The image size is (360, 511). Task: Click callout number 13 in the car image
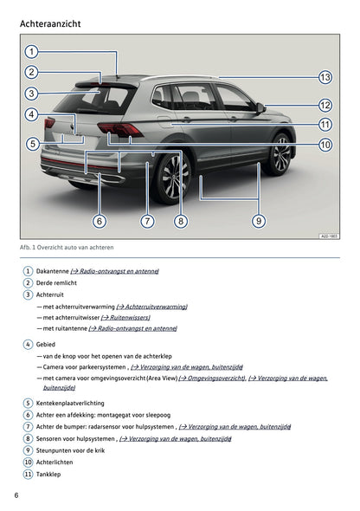point(325,78)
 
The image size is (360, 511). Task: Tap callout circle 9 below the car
point(259,221)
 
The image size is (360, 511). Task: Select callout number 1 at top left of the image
point(31,51)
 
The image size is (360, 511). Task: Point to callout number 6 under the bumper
point(100,221)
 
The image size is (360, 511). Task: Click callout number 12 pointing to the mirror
point(325,106)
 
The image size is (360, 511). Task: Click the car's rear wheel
point(171,178)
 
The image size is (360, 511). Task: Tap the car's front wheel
point(280,154)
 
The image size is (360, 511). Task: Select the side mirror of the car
point(260,108)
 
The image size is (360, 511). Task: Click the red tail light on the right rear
point(119,130)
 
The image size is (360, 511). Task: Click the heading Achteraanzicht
point(50,23)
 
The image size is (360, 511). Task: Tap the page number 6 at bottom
point(16,495)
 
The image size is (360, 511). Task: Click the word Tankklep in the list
point(48,474)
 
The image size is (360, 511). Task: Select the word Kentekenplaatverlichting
point(70,403)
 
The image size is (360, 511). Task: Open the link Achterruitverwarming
point(151,307)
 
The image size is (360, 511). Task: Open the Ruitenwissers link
point(125,317)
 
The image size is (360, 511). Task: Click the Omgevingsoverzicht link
point(212,378)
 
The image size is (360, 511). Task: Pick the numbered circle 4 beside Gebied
point(28,345)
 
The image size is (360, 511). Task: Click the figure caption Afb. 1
point(67,248)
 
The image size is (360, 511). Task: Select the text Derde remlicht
point(56,283)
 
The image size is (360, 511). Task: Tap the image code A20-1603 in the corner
point(329,236)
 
